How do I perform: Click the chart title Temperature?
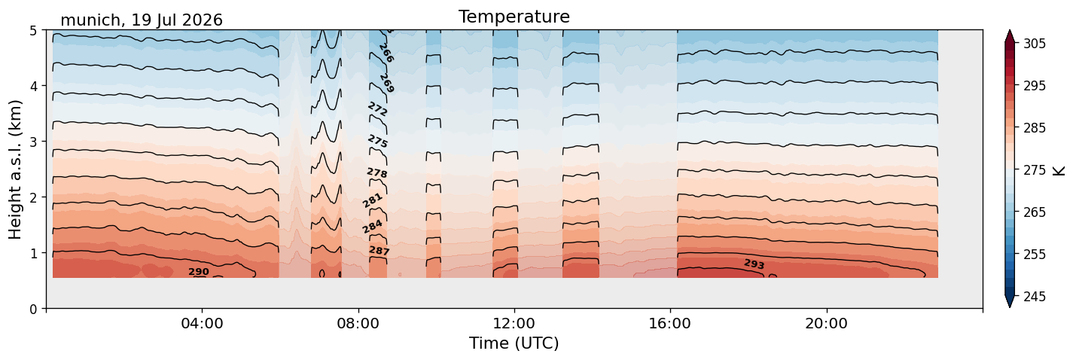pyautogui.click(x=514, y=17)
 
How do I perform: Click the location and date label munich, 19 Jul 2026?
pyautogui.click(x=142, y=20)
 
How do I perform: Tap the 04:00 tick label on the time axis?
pyautogui.click(x=203, y=323)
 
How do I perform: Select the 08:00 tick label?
pyautogui.click(x=358, y=323)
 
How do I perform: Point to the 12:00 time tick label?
pyautogui.click(x=514, y=323)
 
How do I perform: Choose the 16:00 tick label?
pyautogui.click(x=670, y=323)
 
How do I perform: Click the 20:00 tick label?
pyautogui.click(x=826, y=323)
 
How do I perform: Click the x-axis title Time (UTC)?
pyautogui.click(x=514, y=343)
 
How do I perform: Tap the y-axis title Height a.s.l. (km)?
pyautogui.click(x=15, y=169)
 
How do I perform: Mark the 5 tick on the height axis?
pyautogui.click(x=33, y=31)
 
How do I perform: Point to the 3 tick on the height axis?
pyautogui.click(x=33, y=142)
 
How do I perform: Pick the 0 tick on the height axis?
pyautogui.click(x=33, y=309)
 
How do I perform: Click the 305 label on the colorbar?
pyautogui.click(x=1035, y=44)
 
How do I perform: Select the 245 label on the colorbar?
pyautogui.click(x=1035, y=297)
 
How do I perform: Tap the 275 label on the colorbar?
pyautogui.click(x=1035, y=170)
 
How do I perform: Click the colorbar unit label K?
pyautogui.click(x=1059, y=170)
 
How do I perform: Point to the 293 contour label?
pyautogui.click(x=754, y=264)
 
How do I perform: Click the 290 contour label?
pyautogui.click(x=198, y=272)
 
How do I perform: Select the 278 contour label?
pyautogui.click(x=377, y=172)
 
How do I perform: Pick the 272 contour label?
pyautogui.click(x=377, y=108)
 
